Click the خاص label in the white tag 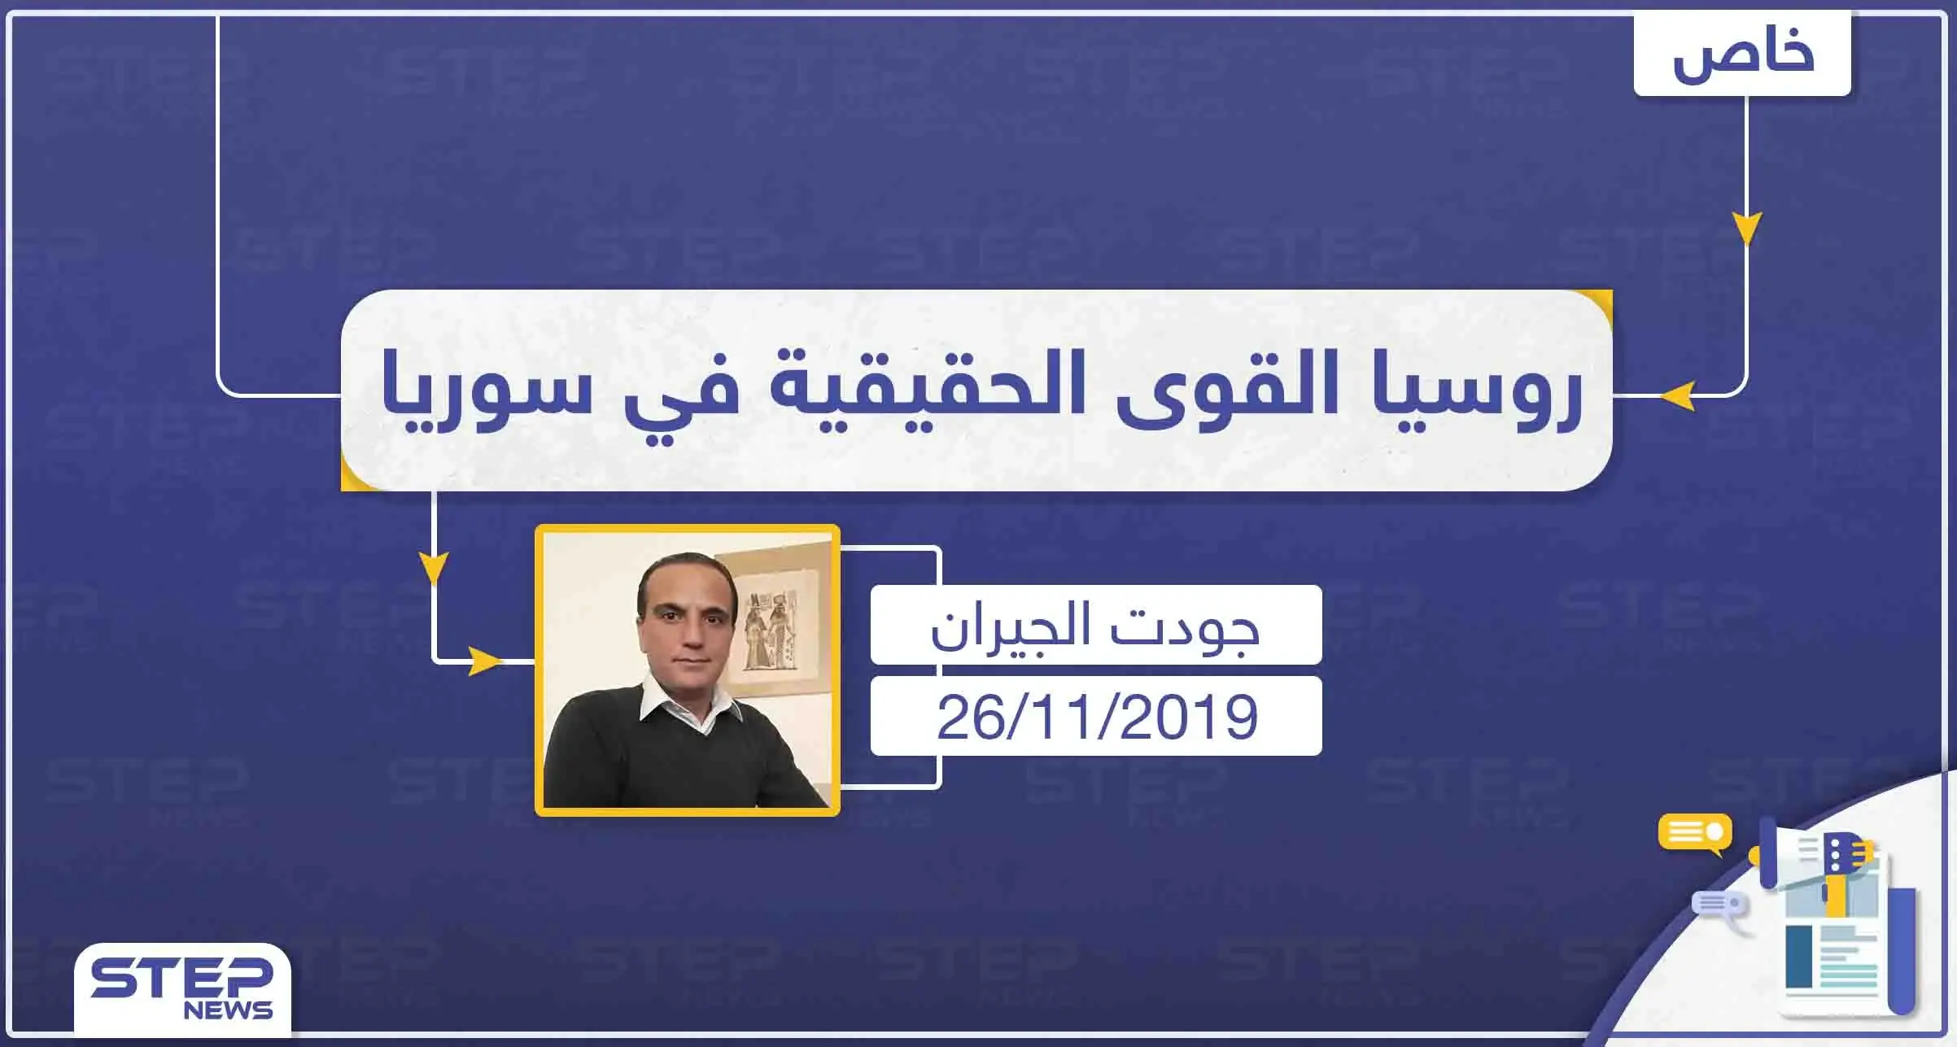(1742, 55)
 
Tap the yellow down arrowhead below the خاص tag (1746, 228)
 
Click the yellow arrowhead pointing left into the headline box (1677, 397)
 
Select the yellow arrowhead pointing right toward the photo (486, 661)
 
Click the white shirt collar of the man (688, 701)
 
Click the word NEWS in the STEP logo (228, 1010)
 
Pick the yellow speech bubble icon (1696, 833)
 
